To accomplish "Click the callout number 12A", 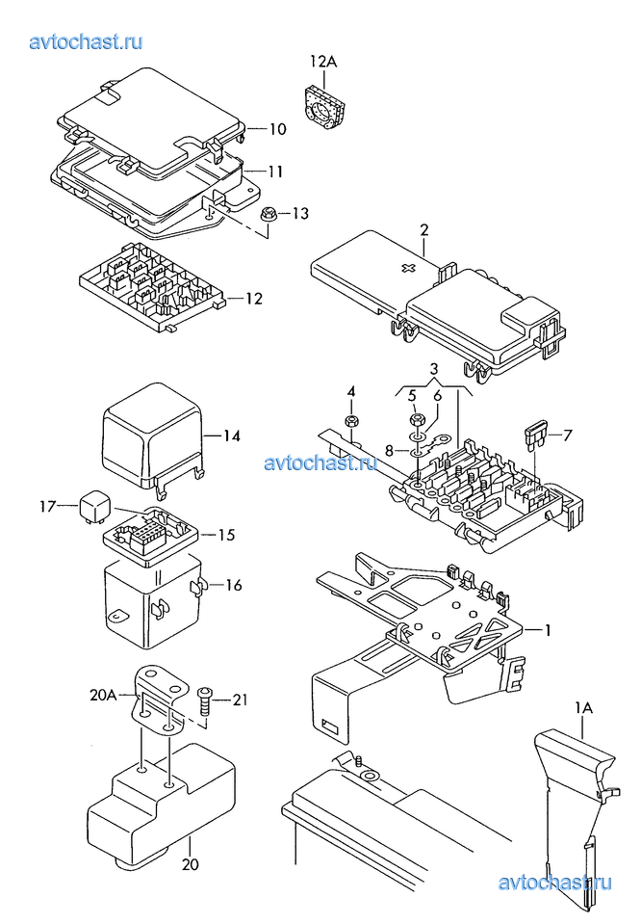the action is [x=323, y=62].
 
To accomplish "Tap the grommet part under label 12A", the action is [x=324, y=107].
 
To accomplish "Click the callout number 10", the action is [x=278, y=129].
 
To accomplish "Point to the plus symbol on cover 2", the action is [x=408, y=268].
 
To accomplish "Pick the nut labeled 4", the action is [x=352, y=421].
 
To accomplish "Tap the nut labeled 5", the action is [x=415, y=421].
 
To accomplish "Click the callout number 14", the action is [x=232, y=436].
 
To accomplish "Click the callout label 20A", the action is [x=103, y=696].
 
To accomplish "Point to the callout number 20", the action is [x=191, y=864].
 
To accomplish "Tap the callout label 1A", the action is [x=584, y=707].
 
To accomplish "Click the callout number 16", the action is [x=234, y=585].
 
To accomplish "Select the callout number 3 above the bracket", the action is [x=434, y=369].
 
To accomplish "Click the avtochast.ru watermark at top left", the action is [x=86, y=41].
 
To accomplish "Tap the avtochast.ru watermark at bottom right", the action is [x=554, y=883].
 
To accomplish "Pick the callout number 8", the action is [x=389, y=451].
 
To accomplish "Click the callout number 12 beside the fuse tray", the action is [x=254, y=299].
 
